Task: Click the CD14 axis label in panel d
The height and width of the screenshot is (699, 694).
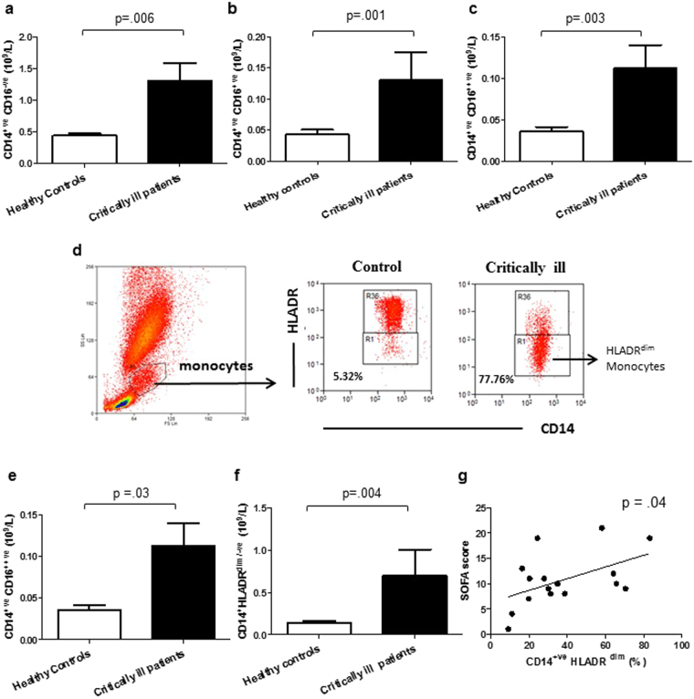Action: pos(545,425)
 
